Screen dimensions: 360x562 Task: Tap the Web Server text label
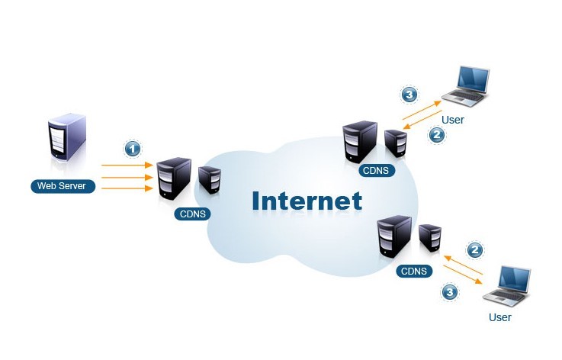coord(63,186)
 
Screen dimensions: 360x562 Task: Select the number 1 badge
coord(133,148)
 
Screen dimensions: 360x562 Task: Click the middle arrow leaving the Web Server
coord(127,175)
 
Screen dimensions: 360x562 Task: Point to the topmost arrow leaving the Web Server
coord(127,163)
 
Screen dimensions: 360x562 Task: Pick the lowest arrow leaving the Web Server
coord(127,188)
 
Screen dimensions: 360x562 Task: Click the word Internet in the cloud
coord(307,200)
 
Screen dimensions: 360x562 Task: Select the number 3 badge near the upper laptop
coord(409,95)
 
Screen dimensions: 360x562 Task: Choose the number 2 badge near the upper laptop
coord(437,135)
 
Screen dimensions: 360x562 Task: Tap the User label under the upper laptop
coord(453,120)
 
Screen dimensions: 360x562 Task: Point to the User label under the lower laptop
coord(499,317)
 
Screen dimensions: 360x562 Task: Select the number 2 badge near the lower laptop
coord(475,250)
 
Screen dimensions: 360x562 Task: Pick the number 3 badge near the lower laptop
coord(449,291)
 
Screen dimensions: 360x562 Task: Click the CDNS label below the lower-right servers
coord(414,271)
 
